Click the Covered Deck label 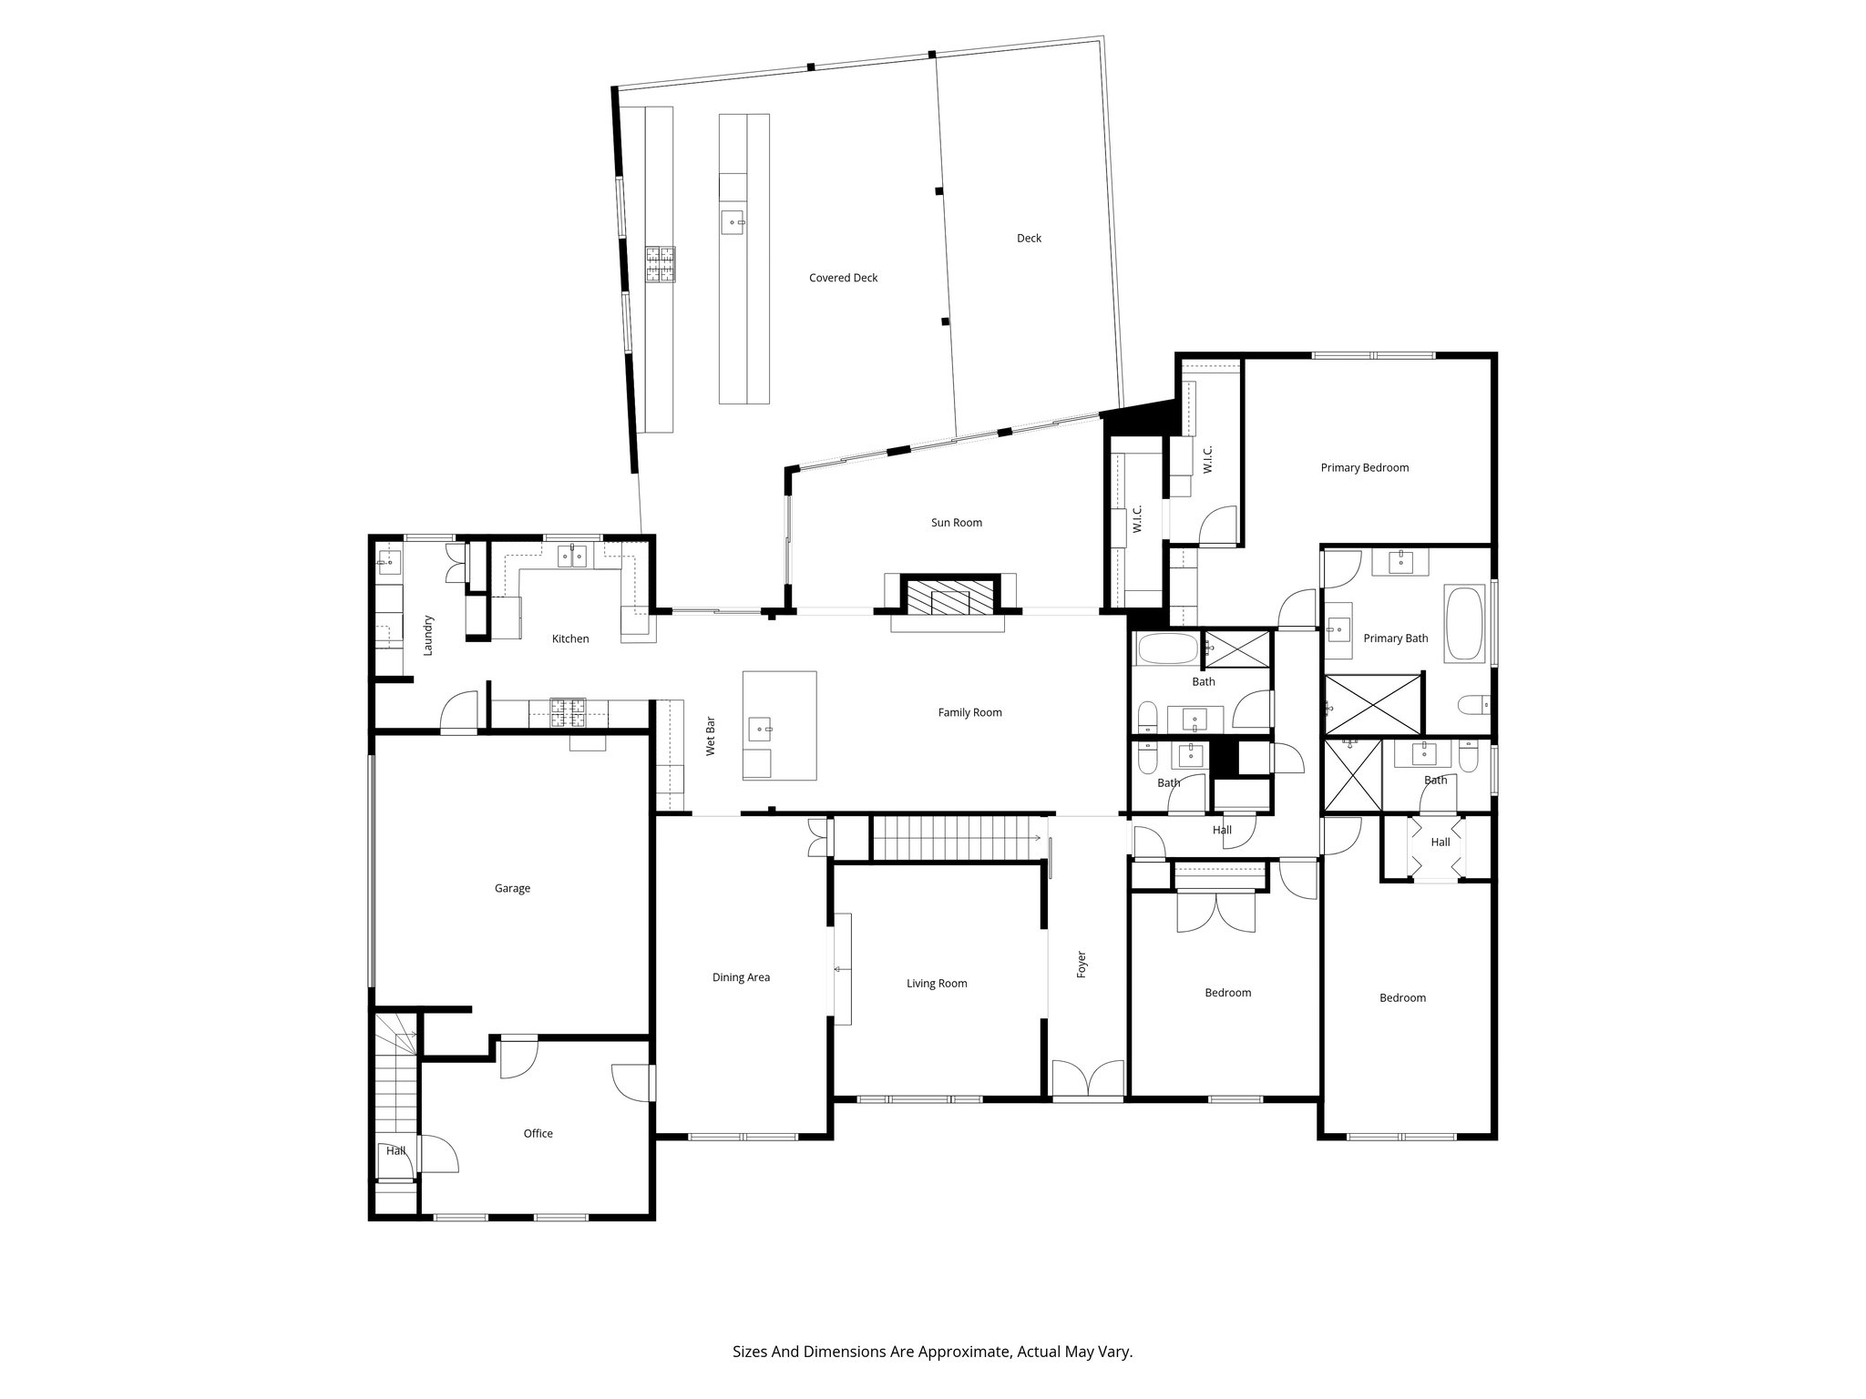[x=843, y=278]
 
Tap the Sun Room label [x=956, y=523]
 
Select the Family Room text [x=969, y=712]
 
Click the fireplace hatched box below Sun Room [x=948, y=597]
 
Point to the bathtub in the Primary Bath [x=1464, y=624]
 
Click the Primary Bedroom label [x=1364, y=467]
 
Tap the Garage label [x=512, y=888]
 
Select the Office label [x=538, y=1133]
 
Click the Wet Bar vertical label [x=711, y=736]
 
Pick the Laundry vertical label [x=428, y=636]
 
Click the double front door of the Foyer [x=1088, y=1078]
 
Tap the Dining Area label [x=741, y=977]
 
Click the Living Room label [x=937, y=983]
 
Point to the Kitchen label [x=570, y=638]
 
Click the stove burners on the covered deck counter [x=660, y=265]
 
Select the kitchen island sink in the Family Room [x=760, y=729]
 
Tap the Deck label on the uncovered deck [x=1029, y=238]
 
